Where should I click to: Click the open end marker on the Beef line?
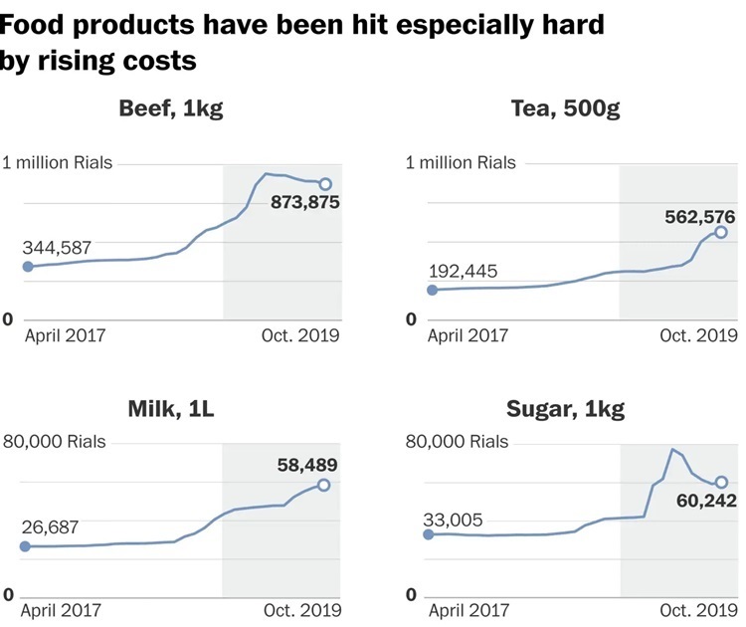324,184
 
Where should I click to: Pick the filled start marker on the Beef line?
27,267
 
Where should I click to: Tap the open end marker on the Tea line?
721,232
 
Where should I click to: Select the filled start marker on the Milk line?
26,546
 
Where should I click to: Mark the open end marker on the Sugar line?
721,482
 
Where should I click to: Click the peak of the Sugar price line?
673,450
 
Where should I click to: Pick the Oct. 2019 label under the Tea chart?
698,335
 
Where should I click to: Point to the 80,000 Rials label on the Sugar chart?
457,442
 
